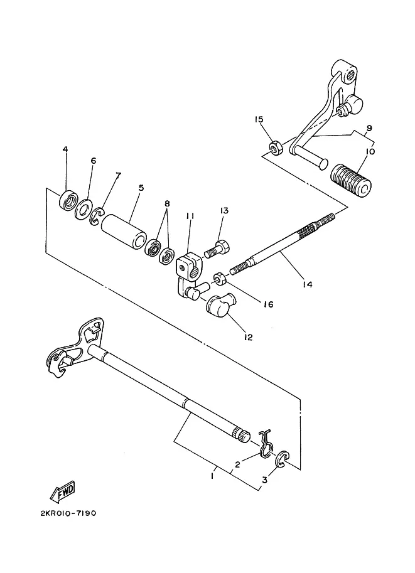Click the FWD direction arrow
click(x=63, y=491)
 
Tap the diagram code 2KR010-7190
click(x=68, y=513)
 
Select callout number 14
click(x=308, y=284)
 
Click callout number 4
click(x=65, y=149)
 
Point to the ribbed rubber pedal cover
click(x=351, y=181)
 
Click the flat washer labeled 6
click(x=84, y=210)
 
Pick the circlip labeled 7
click(x=97, y=216)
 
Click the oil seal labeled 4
click(x=68, y=200)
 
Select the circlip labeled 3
click(x=283, y=459)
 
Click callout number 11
click(x=190, y=216)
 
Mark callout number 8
click(x=167, y=203)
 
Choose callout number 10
click(x=370, y=151)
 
